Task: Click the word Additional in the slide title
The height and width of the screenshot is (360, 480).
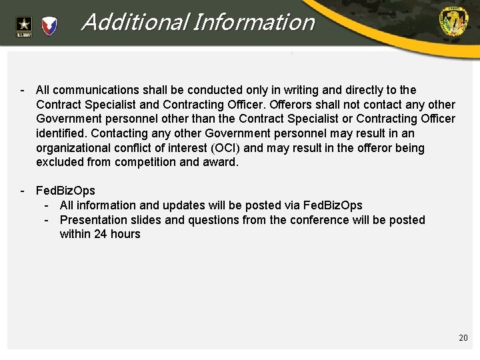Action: point(133,23)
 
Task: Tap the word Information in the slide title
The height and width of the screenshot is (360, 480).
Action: point(253,23)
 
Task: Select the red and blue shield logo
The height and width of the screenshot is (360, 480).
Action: point(50,26)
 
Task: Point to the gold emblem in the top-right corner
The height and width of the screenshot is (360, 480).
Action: point(453,22)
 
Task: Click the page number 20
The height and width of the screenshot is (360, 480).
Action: point(463,338)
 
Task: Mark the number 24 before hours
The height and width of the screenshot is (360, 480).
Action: point(100,235)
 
